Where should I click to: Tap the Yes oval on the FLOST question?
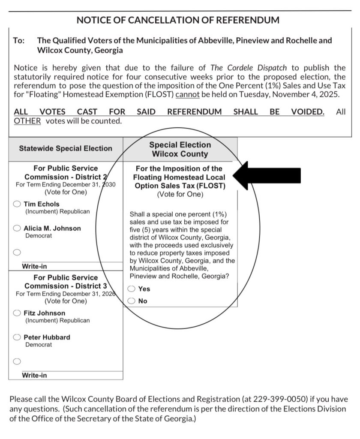(132, 289)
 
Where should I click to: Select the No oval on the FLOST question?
(132, 301)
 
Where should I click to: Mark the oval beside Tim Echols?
(17, 204)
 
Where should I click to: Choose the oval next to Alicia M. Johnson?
(17, 229)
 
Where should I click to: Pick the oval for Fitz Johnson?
(17, 313)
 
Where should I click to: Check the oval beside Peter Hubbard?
(17, 337)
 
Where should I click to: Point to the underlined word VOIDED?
(307, 111)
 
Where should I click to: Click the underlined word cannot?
(187, 94)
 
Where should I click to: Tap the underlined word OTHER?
(27, 121)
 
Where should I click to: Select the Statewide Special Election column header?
(66, 148)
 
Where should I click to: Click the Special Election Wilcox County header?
(180, 149)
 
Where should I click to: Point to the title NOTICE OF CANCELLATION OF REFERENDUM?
(178, 20)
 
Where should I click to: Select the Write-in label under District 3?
(35, 376)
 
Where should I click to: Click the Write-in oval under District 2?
(17, 253)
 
